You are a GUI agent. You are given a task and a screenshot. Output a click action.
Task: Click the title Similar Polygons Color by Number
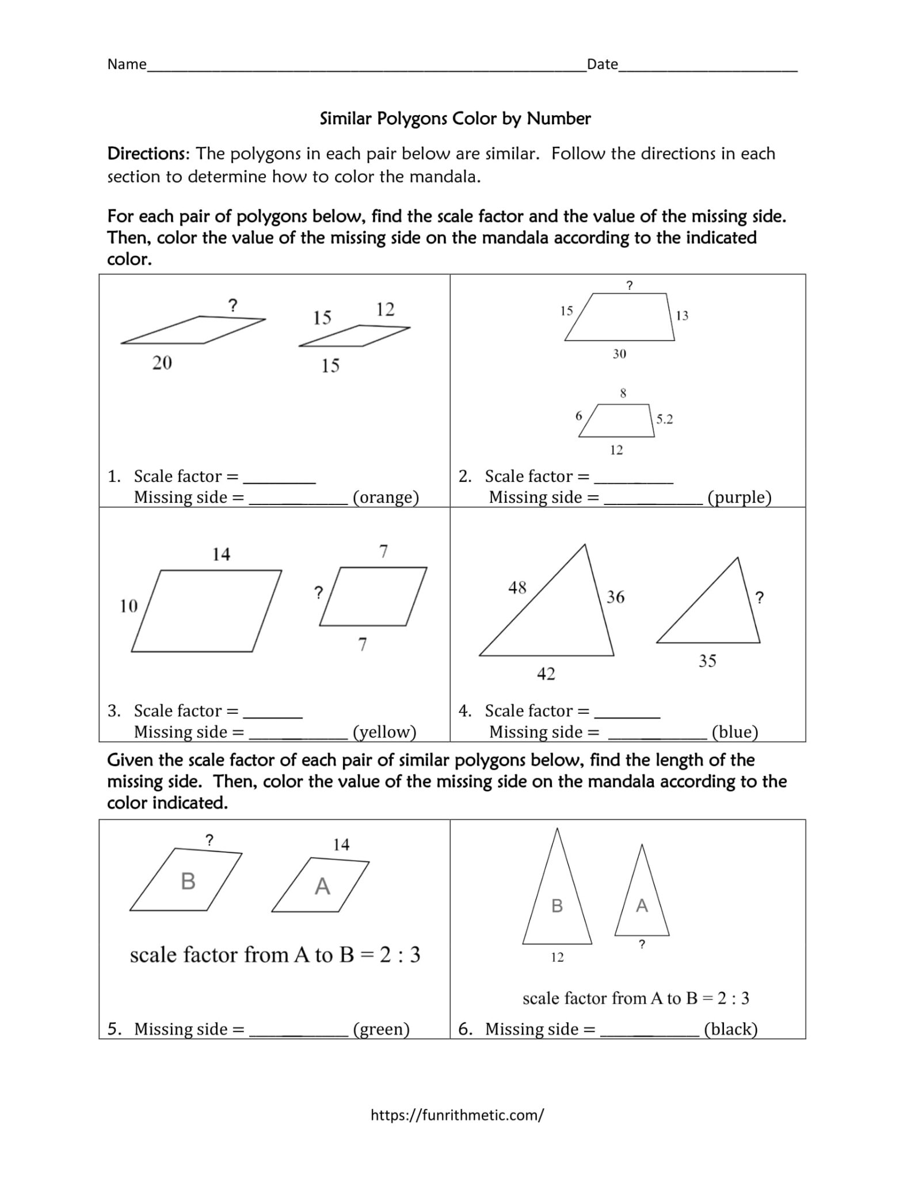[455, 118]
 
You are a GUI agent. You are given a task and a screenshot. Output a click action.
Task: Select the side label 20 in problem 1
[162, 362]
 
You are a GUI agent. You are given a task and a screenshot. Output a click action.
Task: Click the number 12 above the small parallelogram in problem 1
[385, 309]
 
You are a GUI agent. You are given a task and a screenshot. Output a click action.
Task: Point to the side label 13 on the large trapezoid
[681, 315]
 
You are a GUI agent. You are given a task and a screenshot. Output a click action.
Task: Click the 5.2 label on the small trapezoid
[664, 419]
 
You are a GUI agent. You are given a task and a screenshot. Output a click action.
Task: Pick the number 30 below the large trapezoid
[619, 354]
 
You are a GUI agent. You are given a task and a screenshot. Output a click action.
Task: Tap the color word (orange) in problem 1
[386, 497]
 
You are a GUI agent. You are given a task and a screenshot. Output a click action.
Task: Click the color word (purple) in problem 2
[739, 497]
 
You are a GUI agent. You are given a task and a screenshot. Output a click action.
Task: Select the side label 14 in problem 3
[221, 554]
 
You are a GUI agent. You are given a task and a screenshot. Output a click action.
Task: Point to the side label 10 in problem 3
[128, 606]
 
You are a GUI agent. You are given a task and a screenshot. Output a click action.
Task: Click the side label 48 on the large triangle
[517, 587]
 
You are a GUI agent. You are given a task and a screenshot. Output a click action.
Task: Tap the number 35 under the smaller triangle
[707, 660]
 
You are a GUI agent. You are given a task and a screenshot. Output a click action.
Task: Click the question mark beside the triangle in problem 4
[759, 598]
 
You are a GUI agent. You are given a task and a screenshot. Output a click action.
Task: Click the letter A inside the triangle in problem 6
[642, 906]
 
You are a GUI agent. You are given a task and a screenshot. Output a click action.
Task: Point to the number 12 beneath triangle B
[557, 957]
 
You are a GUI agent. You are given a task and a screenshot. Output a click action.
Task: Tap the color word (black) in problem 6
[730, 1029]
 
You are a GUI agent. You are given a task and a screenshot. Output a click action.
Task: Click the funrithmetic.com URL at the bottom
[457, 1115]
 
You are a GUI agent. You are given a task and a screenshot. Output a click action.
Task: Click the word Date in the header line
[602, 64]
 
